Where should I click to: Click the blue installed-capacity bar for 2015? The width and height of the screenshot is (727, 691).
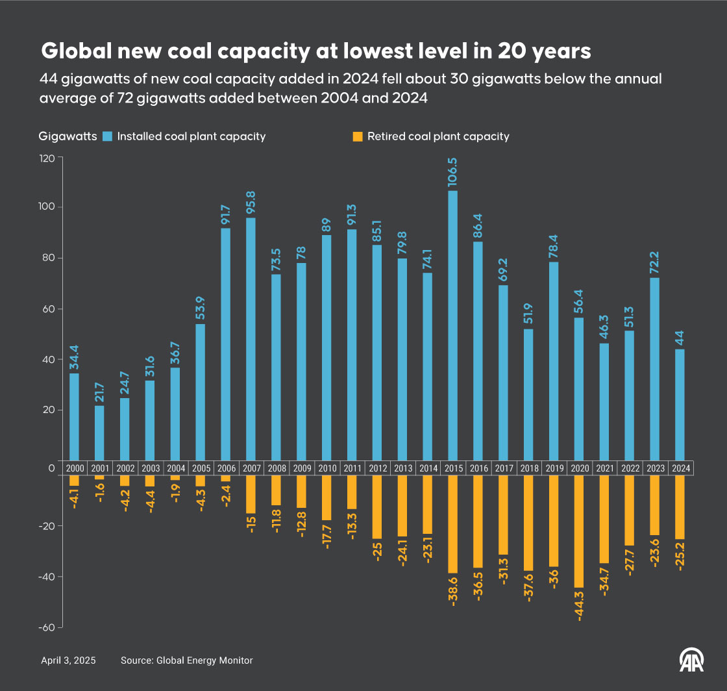[452, 325]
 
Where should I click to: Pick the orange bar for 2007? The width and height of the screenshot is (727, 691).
[251, 494]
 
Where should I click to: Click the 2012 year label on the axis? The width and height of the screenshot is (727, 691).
[377, 468]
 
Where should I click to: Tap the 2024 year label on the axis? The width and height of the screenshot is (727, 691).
[680, 468]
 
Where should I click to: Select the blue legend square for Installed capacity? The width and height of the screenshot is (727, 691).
[108, 136]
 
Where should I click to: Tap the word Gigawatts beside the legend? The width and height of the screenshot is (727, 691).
[68, 136]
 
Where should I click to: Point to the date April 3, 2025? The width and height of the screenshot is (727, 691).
[68, 660]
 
